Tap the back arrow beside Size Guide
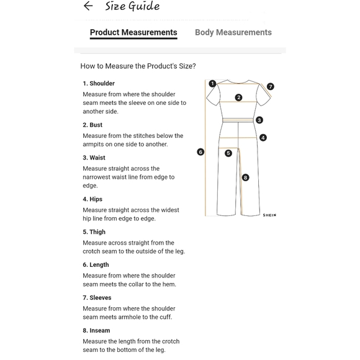[88, 6]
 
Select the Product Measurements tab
[133, 32]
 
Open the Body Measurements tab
[233, 32]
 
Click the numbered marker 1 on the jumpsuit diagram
[212, 83]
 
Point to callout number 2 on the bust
[239, 97]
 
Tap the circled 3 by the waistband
[259, 120]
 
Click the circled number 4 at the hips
[263, 138]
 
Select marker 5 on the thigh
[228, 153]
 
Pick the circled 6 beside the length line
[200, 152]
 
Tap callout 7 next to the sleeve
[271, 86]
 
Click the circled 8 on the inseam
[245, 178]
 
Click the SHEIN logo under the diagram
[269, 215]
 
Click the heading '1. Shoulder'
[99, 83]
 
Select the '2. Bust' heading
[92, 125]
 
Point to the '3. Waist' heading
[94, 158]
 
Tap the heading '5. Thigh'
[94, 232]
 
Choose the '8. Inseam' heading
[96, 330]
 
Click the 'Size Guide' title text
[132, 6]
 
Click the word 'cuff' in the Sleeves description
[166, 317]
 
